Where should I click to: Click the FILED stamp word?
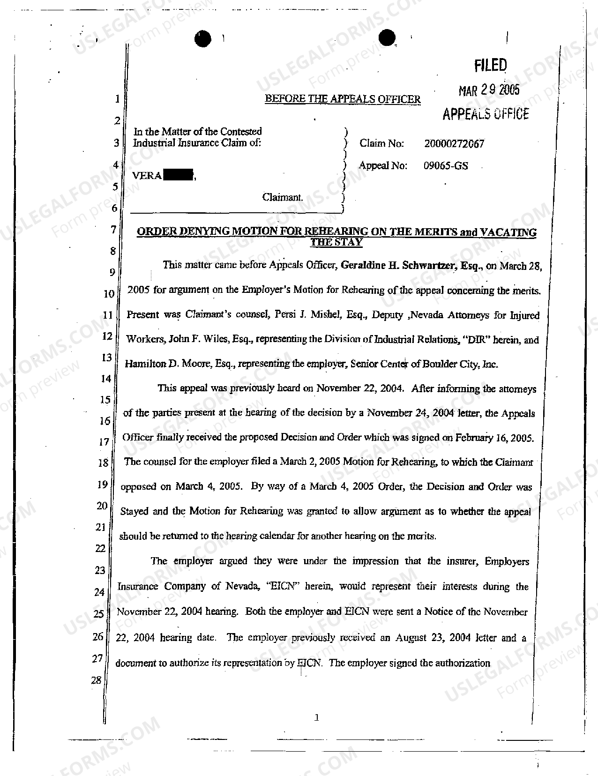coord(490,66)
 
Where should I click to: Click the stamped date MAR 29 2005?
coord(489,90)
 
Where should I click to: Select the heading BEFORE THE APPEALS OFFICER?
coord(343,99)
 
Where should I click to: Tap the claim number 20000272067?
coord(454,144)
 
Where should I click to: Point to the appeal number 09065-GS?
coord(446,165)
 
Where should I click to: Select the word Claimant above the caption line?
coord(283,197)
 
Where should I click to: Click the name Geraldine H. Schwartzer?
coord(398,266)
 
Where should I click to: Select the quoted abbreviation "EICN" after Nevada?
coord(283,586)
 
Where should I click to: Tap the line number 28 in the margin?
coord(96,680)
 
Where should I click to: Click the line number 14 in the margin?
coord(105,379)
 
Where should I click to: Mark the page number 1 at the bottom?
coord(317,717)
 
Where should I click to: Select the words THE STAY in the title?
coord(336,242)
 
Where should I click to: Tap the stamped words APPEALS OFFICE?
coord(486,114)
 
